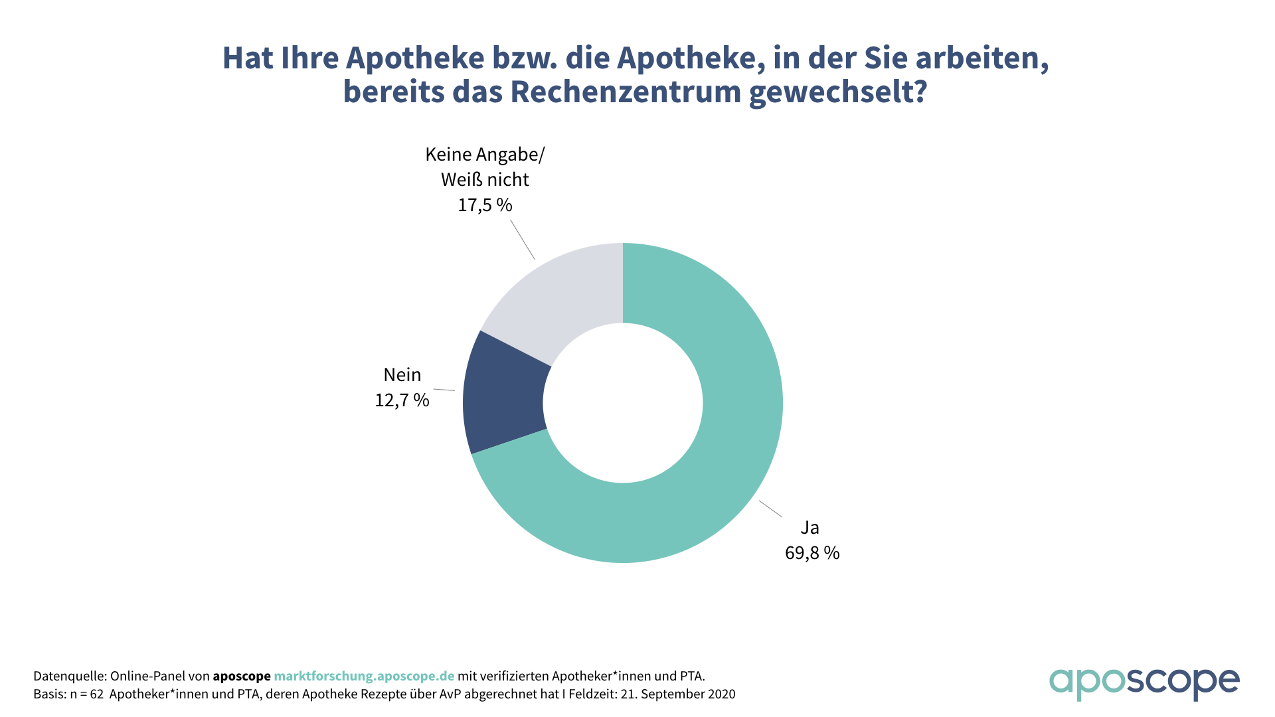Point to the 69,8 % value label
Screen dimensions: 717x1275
812,553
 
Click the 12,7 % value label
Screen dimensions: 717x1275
402,400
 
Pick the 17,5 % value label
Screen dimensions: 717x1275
485,205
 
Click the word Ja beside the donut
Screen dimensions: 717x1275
809,528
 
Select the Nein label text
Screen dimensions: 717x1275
402,375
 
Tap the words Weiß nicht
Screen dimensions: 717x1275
485,180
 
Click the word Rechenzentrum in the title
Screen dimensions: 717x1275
625,92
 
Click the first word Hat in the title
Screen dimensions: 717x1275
247,58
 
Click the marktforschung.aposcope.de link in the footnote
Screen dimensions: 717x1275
364,676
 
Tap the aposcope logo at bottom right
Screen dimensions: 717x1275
1144,683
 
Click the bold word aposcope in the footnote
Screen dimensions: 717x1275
242,676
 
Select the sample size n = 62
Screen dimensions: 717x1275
87,694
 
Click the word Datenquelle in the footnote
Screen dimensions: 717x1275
69,676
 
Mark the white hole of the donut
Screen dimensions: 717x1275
623,403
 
